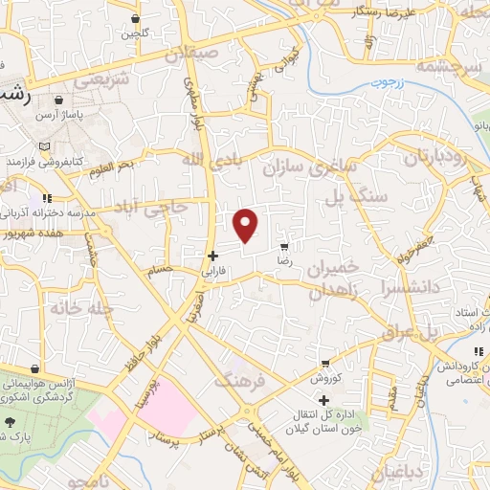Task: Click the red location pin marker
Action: (247, 225)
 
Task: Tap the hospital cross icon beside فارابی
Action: (213, 256)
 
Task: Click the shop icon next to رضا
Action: (283, 246)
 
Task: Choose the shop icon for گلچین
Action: (135, 18)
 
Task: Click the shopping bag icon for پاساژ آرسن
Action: (59, 100)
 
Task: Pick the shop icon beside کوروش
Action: (326, 363)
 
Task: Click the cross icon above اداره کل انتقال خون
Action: (324, 399)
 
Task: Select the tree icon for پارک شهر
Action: (11, 422)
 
